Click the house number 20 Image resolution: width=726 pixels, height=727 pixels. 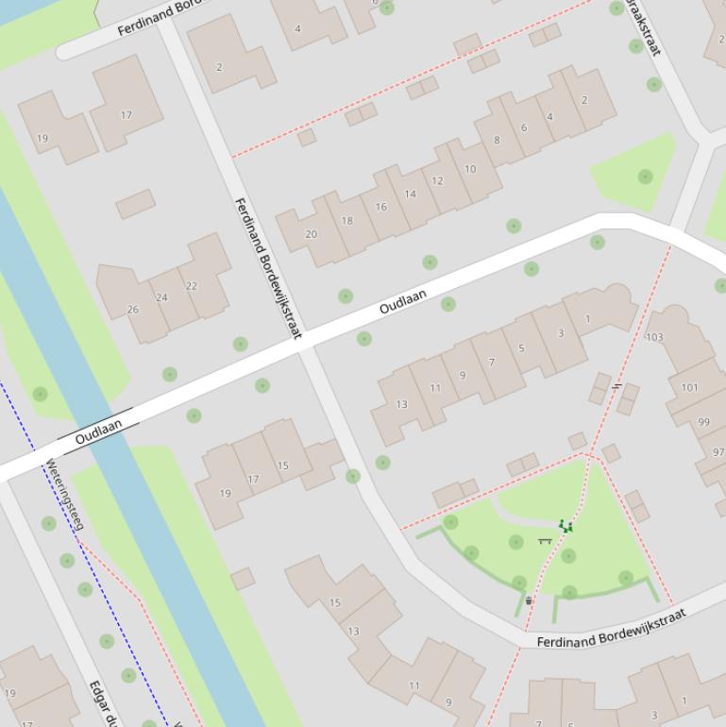pyautogui.click(x=312, y=234)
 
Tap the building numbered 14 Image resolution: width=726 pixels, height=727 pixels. pyautogui.click(x=410, y=194)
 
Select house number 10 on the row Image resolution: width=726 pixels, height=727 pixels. pyautogui.click(x=470, y=169)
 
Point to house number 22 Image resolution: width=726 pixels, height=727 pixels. pyautogui.click(x=192, y=286)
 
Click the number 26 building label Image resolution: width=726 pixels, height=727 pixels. pyautogui.click(x=133, y=309)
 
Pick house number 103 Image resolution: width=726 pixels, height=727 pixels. pyautogui.click(x=654, y=337)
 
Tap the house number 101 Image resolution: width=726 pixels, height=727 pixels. pyautogui.click(x=690, y=387)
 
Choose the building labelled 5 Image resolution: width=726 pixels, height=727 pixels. pyautogui.click(x=521, y=348)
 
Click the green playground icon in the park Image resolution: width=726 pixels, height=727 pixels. pyautogui.click(x=566, y=526)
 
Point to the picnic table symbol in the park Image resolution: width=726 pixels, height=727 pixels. pyautogui.click(x=545, y=541)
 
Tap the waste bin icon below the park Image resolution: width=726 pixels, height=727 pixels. pyautogui.click(x=529, y=600)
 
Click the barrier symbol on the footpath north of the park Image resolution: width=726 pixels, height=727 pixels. pyautogui.click(x=616, y=385)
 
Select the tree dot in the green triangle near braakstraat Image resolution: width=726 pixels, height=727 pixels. pyautogui.click(x=645, y=177)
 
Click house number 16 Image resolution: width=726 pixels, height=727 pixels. pyautogui.click(x=380, y=207)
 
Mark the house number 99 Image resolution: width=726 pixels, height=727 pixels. pyautogui.click(x=703, y=422)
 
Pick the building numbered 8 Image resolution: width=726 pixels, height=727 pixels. pyautogui.click(x=497, y=141)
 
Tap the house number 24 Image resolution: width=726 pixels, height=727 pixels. pyautogui.click(x=161, y=297)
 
